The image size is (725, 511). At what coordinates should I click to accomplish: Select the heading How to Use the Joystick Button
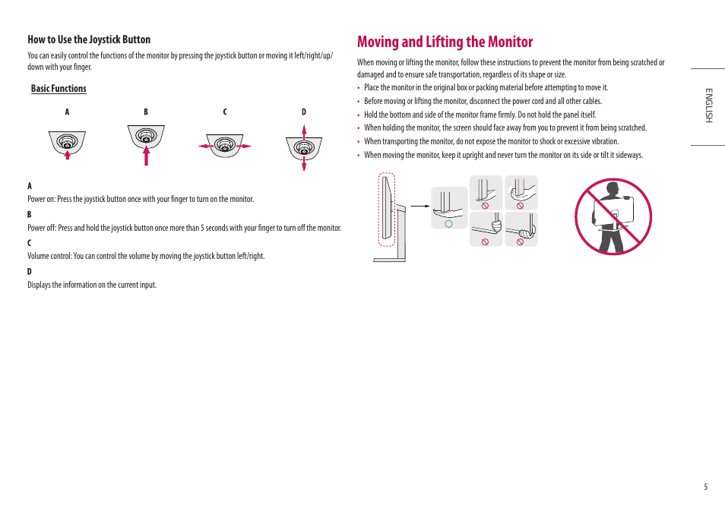(x=89, y=39)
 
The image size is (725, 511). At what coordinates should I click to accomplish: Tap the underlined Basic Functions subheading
(x=59, y=89)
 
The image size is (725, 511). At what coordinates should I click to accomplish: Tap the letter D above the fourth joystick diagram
(x=304, y=112)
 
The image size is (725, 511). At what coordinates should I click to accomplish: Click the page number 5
(x=705, y=487)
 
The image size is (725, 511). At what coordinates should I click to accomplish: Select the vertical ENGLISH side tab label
(x=708, y=106)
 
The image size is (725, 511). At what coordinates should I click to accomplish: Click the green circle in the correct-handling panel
(x=448, y=223)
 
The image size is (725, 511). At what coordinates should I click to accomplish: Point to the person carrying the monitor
(x=613, y=217)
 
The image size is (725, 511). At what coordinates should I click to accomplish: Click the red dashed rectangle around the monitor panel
(x=387, y=210)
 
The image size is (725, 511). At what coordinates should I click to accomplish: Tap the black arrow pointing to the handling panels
(x=419, y=205)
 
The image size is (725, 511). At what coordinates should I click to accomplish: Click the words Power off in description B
(x=42, y=228)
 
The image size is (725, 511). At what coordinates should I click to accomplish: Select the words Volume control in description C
(x=50, y=256)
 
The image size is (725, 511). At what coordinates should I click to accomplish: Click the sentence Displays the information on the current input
(x=92, y=285)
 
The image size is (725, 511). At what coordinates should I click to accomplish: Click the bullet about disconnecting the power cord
(x=483, y=101)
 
